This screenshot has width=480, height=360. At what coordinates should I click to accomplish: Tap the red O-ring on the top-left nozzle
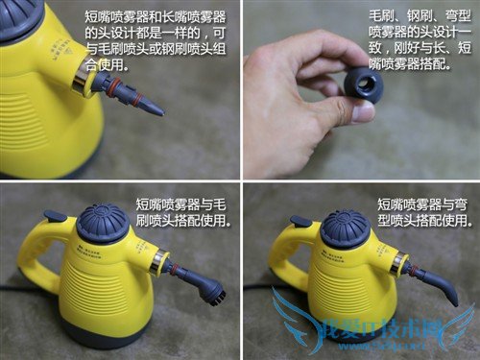[116, 92]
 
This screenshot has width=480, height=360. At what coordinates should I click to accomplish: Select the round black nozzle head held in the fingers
[364, 85]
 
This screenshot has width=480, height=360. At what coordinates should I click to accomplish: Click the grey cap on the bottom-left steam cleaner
[102, 224]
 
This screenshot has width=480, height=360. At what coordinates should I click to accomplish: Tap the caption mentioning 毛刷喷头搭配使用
[181, 212]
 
